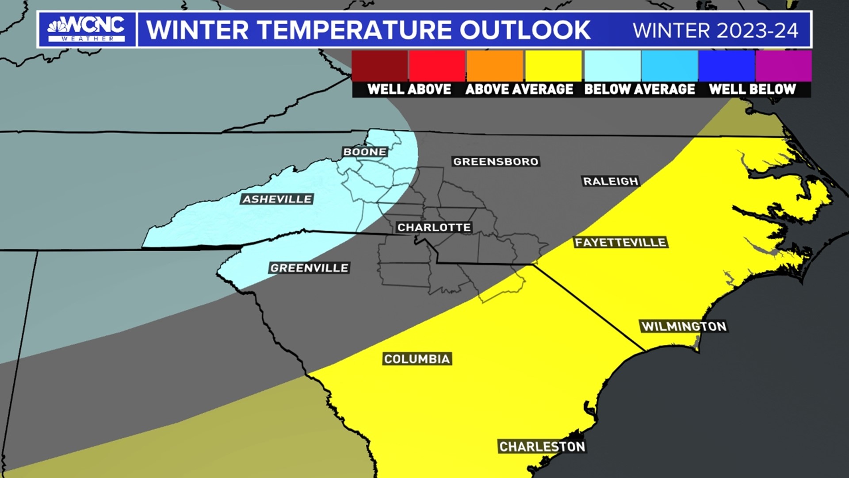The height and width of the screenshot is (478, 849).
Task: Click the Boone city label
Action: click(x=365, y=152)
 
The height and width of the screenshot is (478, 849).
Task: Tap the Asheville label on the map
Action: click(x=277, y=199)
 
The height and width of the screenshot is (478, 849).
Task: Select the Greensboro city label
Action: click(x=496, y=162)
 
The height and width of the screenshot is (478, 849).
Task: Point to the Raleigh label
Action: click(x=611, y=181)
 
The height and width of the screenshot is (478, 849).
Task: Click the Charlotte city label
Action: click(x=434, y=227)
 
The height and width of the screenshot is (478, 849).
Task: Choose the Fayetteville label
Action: click(x=620, y=242)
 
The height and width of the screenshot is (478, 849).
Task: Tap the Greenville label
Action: click(x=309, y=268)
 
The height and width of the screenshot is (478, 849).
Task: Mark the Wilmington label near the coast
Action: click(x=684, y=326)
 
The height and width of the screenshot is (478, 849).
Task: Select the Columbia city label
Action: click(x=417, y=358)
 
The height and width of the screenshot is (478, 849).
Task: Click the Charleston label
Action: click(x=542, y=447)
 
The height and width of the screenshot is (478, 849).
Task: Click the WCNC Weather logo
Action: click(x=87, y=30)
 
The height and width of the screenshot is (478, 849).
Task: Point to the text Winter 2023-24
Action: click(x=715, y=31)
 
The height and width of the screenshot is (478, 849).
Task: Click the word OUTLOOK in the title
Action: click(x=525, y=30)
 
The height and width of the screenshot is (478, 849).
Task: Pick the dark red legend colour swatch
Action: click(x=379, y=66)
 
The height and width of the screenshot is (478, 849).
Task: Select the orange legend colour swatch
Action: click(x=495, y=66)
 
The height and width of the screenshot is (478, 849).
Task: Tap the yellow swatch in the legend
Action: click(x=553, y=66)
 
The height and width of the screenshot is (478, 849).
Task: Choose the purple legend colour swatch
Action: click(x=783, y=66)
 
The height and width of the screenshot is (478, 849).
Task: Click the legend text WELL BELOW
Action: click(x=752, y=89)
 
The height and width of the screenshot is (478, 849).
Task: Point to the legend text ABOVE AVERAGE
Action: click(x=519, y=89)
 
